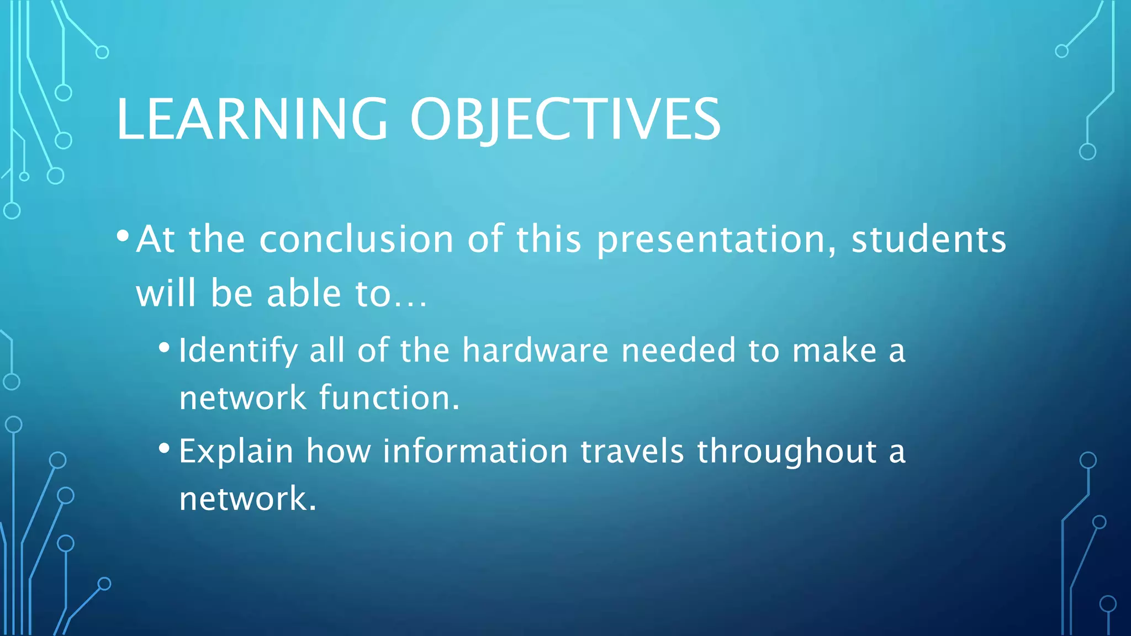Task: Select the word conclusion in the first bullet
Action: coord(356,240)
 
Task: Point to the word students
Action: coord(929,240)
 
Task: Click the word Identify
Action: coord(238,351)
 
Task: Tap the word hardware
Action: coord(535,351)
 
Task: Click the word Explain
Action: coord(236,452)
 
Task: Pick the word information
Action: coord(475,452)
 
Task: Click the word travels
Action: coord(632,452)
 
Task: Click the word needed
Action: coord(679,351)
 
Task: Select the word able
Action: coord(304,293)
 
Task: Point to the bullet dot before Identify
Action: coord(164,348)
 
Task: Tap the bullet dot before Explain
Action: coord(164,448)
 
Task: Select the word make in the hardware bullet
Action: coord(834,351)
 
